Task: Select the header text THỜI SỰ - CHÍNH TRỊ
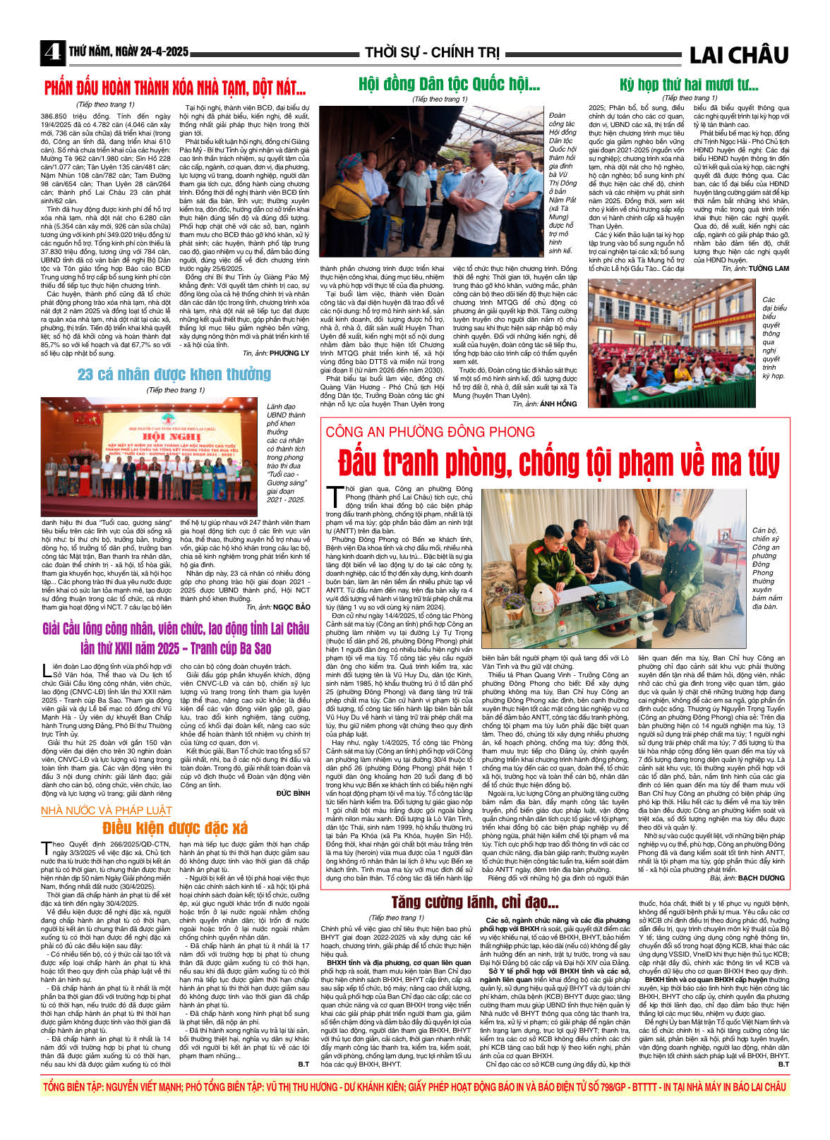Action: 432,53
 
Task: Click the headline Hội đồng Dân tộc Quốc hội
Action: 449,85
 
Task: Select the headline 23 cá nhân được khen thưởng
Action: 174,374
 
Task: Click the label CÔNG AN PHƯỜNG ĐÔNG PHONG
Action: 430,432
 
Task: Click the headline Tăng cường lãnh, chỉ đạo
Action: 474,902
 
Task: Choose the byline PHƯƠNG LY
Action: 289,353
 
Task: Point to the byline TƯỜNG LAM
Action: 769,269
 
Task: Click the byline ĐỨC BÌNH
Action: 293,793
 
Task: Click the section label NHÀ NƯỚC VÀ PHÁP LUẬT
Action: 107,811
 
